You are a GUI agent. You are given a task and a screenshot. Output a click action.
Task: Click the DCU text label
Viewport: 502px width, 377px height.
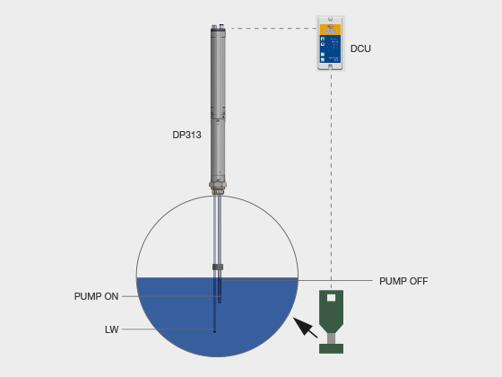pyautogui.click(x=360, y=48)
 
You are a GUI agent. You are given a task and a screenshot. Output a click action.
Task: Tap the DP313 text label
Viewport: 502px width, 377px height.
pyautogui.click(x=186, y=135)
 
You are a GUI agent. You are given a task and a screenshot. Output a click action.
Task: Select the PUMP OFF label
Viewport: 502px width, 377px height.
pyautogui.click(x=403, y=281)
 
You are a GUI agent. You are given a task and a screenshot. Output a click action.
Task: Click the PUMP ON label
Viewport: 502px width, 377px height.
pyautogui.click(x=96, y=296)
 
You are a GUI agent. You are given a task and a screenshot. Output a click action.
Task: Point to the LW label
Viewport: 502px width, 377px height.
pyautogui.click(x=112, y=329)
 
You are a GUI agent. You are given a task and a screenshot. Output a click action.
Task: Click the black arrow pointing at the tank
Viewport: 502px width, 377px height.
pyautogui.click(x=305, y=328)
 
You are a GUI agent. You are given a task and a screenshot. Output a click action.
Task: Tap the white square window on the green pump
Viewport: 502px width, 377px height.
pyautogui.click(x=331, y=298)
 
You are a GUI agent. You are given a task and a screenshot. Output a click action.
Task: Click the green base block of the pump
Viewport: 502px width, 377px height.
pyautogui.click(x=331, y=348)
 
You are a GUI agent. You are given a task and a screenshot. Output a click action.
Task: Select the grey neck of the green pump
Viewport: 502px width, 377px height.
pyautogui.click(x=331, y=338)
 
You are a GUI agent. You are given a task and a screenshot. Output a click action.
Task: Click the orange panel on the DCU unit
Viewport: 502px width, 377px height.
pyautogui.click(x=331, y=29)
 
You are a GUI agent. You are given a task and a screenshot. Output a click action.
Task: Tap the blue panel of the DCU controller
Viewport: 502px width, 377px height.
pyautogui.click(x=331, y=48)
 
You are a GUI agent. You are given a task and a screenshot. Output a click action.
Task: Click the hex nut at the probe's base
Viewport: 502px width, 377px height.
pyautogui.click(x=218, y=184)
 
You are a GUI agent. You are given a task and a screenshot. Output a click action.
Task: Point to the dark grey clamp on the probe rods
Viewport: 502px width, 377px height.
pyautogui.click(x=218, y=267)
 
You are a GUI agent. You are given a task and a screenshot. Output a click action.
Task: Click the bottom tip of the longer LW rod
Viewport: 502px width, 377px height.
pyautogui.click(x=214, y=332)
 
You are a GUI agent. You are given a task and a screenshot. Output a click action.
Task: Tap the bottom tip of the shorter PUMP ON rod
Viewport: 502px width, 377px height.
pyautogui.click(x=220, y=302)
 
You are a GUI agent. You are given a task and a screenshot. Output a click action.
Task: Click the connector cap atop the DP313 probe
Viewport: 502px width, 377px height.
pyautogui.click(x=218, y=27)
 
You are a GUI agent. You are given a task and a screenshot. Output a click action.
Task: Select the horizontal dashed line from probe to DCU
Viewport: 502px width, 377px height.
pyautogui.click(x=273, y=28)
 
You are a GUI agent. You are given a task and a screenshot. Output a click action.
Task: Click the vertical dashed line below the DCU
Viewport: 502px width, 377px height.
pyautogui.click(x=331, y=180)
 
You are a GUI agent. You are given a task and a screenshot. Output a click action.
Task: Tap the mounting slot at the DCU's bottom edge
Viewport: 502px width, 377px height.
pyautogui.click(x=331, y=66)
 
